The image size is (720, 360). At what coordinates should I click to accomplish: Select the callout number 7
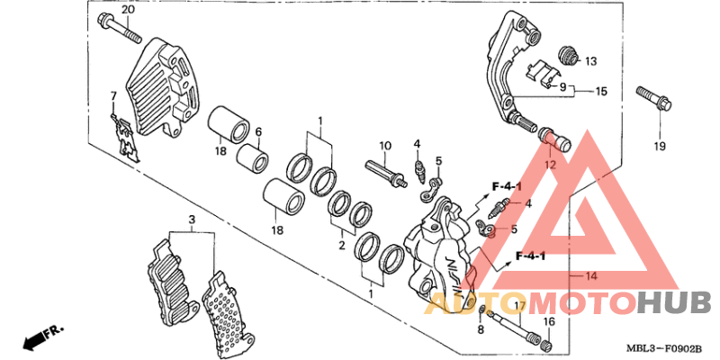(x=114, y=95)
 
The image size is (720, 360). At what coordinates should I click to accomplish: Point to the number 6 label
(x=257, y=131)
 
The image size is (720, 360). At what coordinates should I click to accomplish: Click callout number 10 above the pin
(x=384, y=146)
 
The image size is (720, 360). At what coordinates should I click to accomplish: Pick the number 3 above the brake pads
(x=191, y=220)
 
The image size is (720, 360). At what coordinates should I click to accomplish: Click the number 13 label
(x=590, y=61)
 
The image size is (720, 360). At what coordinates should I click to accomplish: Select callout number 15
(x=601, y=92)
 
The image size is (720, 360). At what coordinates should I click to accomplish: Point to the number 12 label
(x=551, y=165)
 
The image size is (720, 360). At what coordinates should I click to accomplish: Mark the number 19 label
(x=659, y=146)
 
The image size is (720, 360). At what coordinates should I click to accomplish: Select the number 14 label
(x=590, y=275)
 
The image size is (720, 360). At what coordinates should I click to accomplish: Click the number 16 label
(x=549, y=321)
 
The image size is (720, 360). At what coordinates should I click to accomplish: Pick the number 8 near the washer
(x=480, y=330)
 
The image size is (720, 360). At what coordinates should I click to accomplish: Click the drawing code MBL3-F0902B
(x=663, y=347)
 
